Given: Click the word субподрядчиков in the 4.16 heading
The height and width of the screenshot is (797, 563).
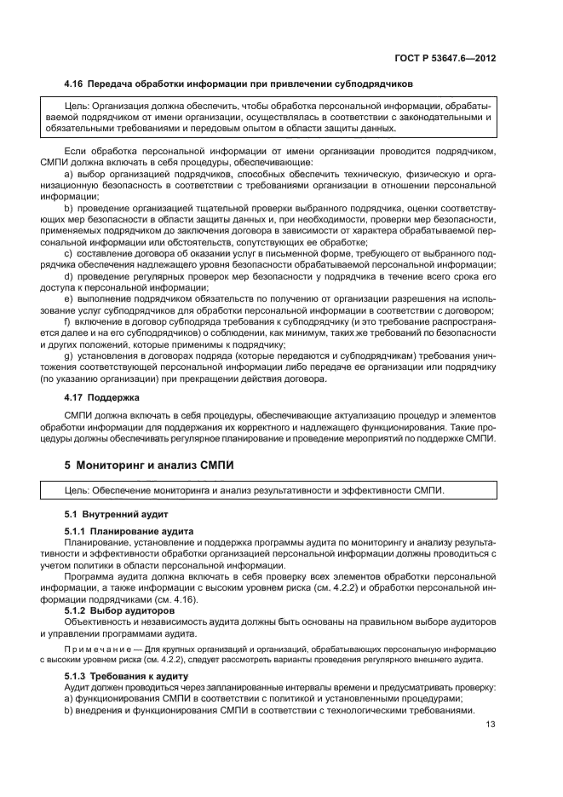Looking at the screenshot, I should pyautogui.click(x=371, y=84).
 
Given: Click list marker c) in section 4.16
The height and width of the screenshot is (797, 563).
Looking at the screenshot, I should pyautogui.click(x=67, y=253).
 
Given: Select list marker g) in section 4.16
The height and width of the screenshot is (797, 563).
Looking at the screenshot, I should pyautogui.click(x=67, y=355).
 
